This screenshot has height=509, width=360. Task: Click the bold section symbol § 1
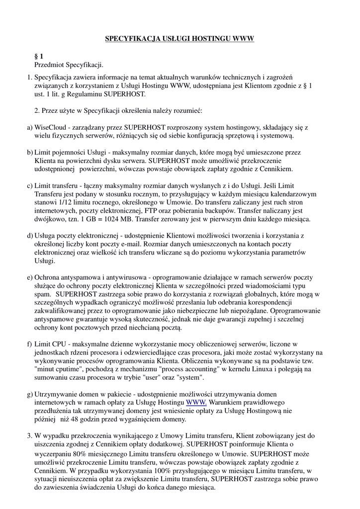pos(39,57)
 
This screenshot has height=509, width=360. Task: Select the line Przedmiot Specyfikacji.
pos(69,65)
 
